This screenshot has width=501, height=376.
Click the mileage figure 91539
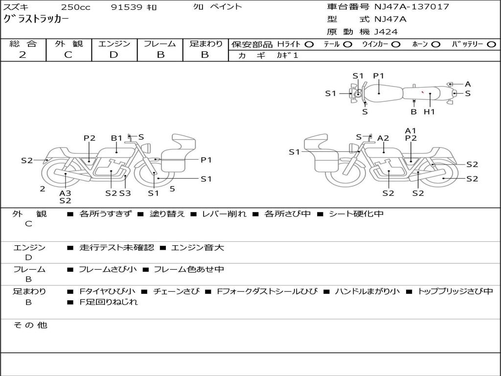tap(127, 7)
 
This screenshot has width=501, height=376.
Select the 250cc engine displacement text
tap(75, 7)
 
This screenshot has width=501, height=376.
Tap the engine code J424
tap(386, 32)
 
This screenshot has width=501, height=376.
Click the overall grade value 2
tap(23, 55)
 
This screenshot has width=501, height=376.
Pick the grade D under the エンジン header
tap(114, 55)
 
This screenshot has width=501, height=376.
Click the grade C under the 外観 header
tap(68, 55)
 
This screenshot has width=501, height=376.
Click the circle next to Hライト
tap(309, 45)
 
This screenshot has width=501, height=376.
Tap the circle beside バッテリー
tap(491, 45)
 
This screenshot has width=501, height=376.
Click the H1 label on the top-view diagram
tap(429, 112)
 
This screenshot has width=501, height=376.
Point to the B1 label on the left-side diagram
tap(116, 138)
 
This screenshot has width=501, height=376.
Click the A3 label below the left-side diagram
tap(65, 193)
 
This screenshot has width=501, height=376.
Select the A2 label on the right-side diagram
tap(383, 138)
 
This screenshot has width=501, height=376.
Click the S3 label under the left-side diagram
tap(125, 193)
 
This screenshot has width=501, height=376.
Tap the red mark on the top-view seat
tap(422, 92)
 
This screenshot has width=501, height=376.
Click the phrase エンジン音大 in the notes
tap(198, 248)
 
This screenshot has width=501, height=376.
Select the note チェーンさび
tap(176, 291)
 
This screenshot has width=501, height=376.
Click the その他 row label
tap(30, 325)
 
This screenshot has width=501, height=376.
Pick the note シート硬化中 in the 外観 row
tap(356, 214)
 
